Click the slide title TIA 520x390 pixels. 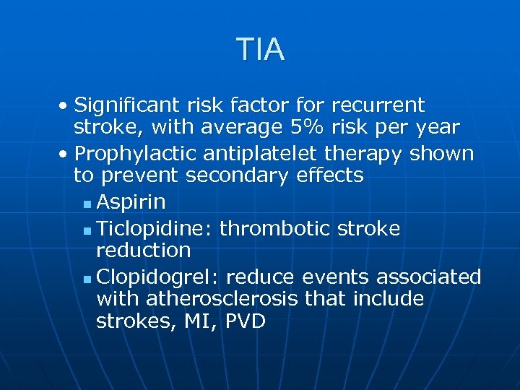click(x=260, y=50)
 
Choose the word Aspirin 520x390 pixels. click(x=131, y=201)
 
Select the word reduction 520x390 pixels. click(x=143, y=251)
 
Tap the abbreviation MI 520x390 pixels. click(x=203, y=321)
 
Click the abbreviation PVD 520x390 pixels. click(x=246, y=321)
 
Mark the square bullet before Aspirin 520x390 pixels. click(x=87, y=204)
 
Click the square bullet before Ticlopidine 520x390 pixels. click(x=87, y=231)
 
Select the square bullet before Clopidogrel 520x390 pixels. click(x=87, y=279)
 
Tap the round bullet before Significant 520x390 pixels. click(x=65, y=107)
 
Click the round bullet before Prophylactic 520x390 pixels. click(x=65, y=155)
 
